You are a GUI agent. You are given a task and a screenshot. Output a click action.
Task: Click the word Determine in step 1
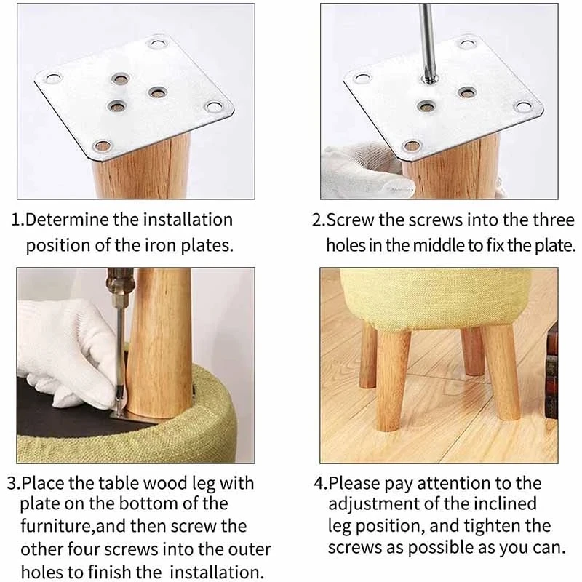click(67, 220)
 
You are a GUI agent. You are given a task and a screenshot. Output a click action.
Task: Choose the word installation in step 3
click(216, 572)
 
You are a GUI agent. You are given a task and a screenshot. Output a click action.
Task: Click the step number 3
click(14, 483)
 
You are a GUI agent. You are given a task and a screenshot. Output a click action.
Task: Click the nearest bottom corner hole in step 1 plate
click(103, 146)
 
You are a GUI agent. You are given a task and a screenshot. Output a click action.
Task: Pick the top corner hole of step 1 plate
click(158, 44)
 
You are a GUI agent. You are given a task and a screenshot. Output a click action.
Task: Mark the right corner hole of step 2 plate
click(523, 107)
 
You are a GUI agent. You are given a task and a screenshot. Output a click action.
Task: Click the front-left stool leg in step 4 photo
click(391, 380)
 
